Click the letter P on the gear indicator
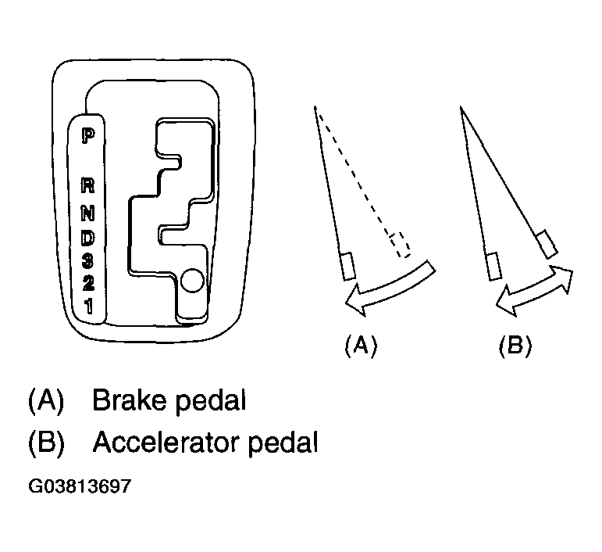click(88, 136)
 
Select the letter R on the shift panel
click(88, 185)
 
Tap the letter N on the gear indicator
click(88, 213)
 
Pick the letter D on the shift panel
click(88, 238)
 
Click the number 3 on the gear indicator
click(88, 260)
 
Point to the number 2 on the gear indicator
click(88, 283)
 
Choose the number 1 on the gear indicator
click(89, 306)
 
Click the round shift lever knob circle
click(191, 280)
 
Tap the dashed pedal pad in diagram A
click(401, 245)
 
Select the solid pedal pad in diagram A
click(348, 266)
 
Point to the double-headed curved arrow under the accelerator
click(534, 291)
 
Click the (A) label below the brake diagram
click(361, 346)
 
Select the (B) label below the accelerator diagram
click(515, 346)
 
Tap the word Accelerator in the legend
click(166, 442)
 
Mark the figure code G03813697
click(80, 486)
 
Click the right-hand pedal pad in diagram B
click(547, 245)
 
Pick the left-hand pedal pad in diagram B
click(494, 266)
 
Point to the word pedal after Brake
click(210, 402)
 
